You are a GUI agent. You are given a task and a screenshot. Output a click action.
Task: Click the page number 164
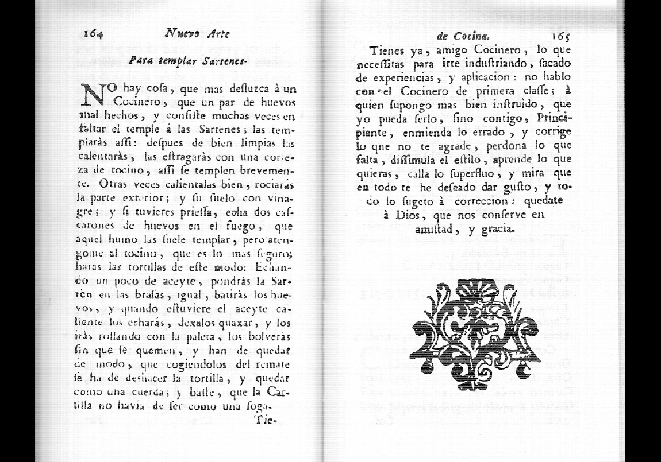[x=93, y=34]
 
